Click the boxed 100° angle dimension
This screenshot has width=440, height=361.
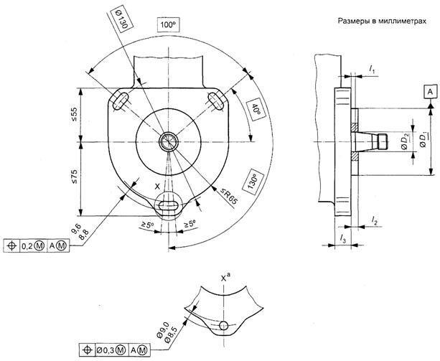pos(169,24)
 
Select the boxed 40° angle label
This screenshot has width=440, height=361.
pos(255,111)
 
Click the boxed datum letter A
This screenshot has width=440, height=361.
pos(429,92)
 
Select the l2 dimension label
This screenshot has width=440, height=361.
pos(375,223)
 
